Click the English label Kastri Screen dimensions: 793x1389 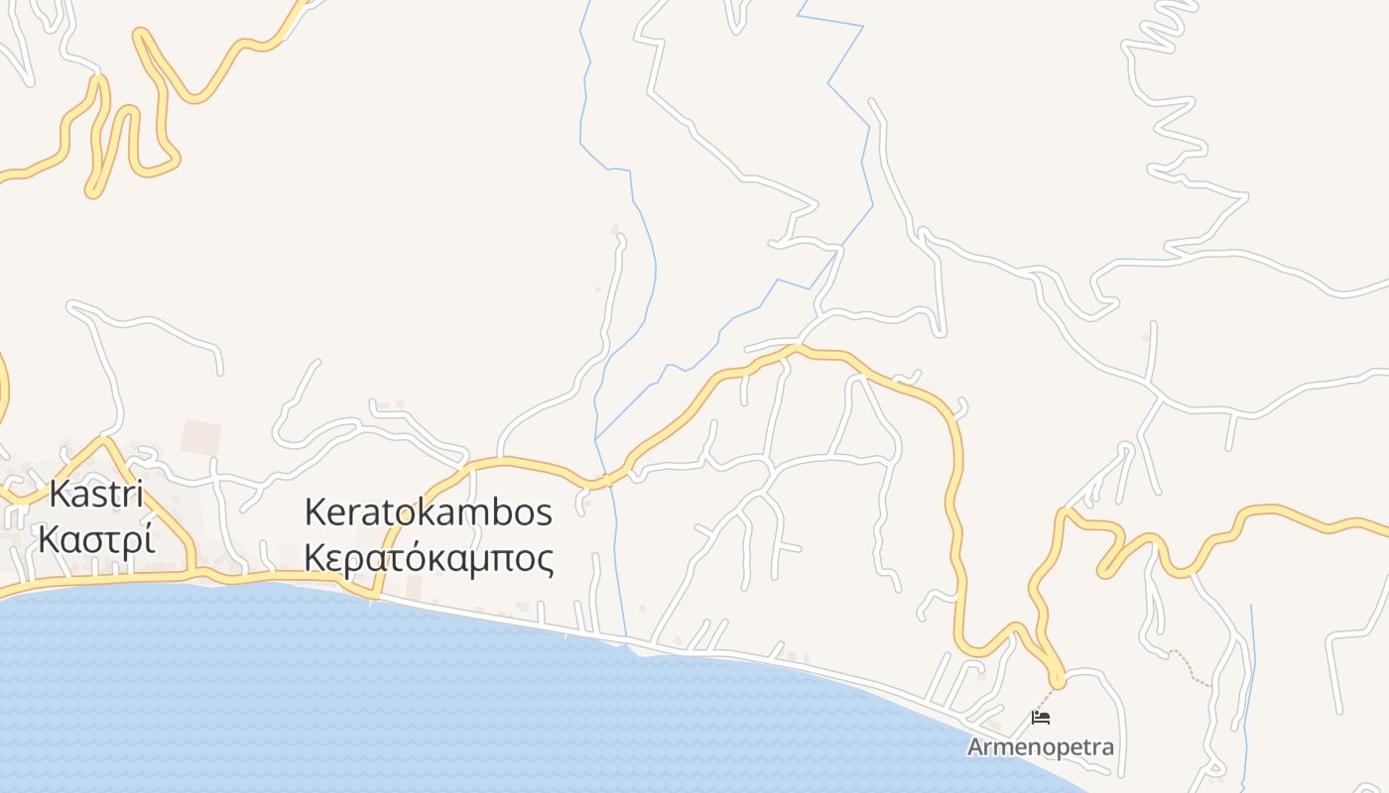(x=96, y=494)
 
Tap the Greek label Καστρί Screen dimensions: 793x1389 (x=96, y=540)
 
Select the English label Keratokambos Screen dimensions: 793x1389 (x=428, y=512)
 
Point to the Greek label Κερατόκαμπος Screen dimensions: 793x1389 (x=428, y=559)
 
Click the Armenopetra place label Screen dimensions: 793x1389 (x=1041, y=747)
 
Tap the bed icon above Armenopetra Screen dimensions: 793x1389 (x=1041, y=717)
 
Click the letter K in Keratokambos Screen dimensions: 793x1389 (x=316, y=512)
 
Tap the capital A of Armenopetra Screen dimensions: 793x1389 (x=975, y=747)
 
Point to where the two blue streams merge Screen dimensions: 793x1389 (x=596, y=439)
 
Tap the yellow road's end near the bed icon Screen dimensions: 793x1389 (x=1058, y=681)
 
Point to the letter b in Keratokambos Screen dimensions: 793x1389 (x=498, y=512)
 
